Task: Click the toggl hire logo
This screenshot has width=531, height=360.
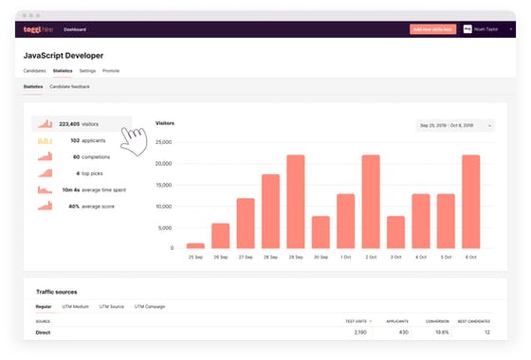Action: tap(39, 29)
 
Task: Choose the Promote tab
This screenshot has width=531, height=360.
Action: tap(111, 70)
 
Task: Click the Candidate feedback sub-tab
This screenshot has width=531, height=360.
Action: tap(69, 86)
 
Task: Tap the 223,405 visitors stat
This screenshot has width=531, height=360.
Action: tap(81, 123)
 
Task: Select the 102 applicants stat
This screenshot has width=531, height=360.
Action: tap(81, 140)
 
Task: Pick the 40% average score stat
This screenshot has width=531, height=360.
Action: tap(81, 205)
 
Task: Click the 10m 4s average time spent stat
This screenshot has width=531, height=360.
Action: tap(81, 189)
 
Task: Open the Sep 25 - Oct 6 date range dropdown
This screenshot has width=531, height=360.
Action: tap(455, 124)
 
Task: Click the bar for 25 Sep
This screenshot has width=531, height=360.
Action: tap(194, 245)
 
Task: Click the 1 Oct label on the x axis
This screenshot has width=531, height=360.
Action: tap(345, 257)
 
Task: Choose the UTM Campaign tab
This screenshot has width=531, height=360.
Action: tap(150, 307)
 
